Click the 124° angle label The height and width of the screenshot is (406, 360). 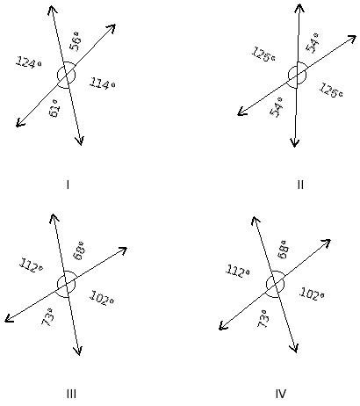(x=29, y=62)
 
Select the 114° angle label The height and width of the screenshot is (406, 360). (x=102, y=83)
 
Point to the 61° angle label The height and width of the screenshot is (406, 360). (x=55, y=108)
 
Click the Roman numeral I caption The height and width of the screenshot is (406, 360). (x=68, y=185)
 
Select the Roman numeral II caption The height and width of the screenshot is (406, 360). (x=300, y=185)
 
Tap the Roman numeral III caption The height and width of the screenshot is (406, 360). (x=71, y=394)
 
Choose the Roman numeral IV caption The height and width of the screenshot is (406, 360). (x=281, y=394)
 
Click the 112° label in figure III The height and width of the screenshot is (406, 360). (x=32, y=265)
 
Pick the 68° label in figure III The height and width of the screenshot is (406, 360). (x=79, y=251)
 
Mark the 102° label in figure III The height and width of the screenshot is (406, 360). (x=102, y=298)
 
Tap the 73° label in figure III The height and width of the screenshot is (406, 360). (x=47, y=317)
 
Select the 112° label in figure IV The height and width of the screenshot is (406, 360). (x=238, y=271)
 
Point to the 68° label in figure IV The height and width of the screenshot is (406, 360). (x=284, y=250)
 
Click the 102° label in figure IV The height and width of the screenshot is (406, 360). (x=312, y=294)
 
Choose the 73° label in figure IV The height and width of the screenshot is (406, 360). (x=263, y=318)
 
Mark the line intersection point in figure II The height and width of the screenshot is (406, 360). (x=297, y=76)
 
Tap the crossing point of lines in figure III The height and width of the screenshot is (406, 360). (x=66, y=285)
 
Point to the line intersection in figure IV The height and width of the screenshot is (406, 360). (x=275, y=285)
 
